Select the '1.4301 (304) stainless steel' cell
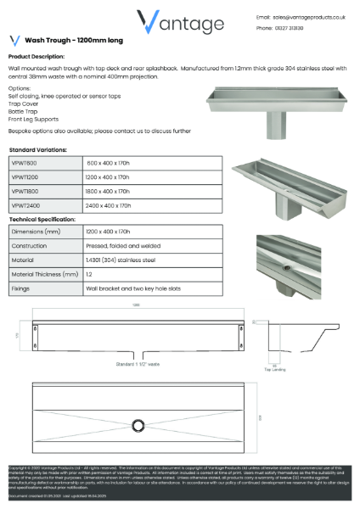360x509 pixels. pyautogui.click(x=122, y=260)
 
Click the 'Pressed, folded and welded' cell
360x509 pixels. pyautogui.click(x=121, y=245)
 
